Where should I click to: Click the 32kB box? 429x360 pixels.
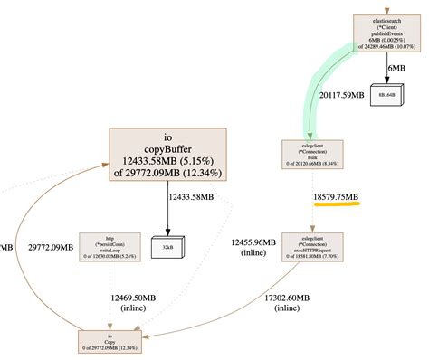point(168,245)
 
